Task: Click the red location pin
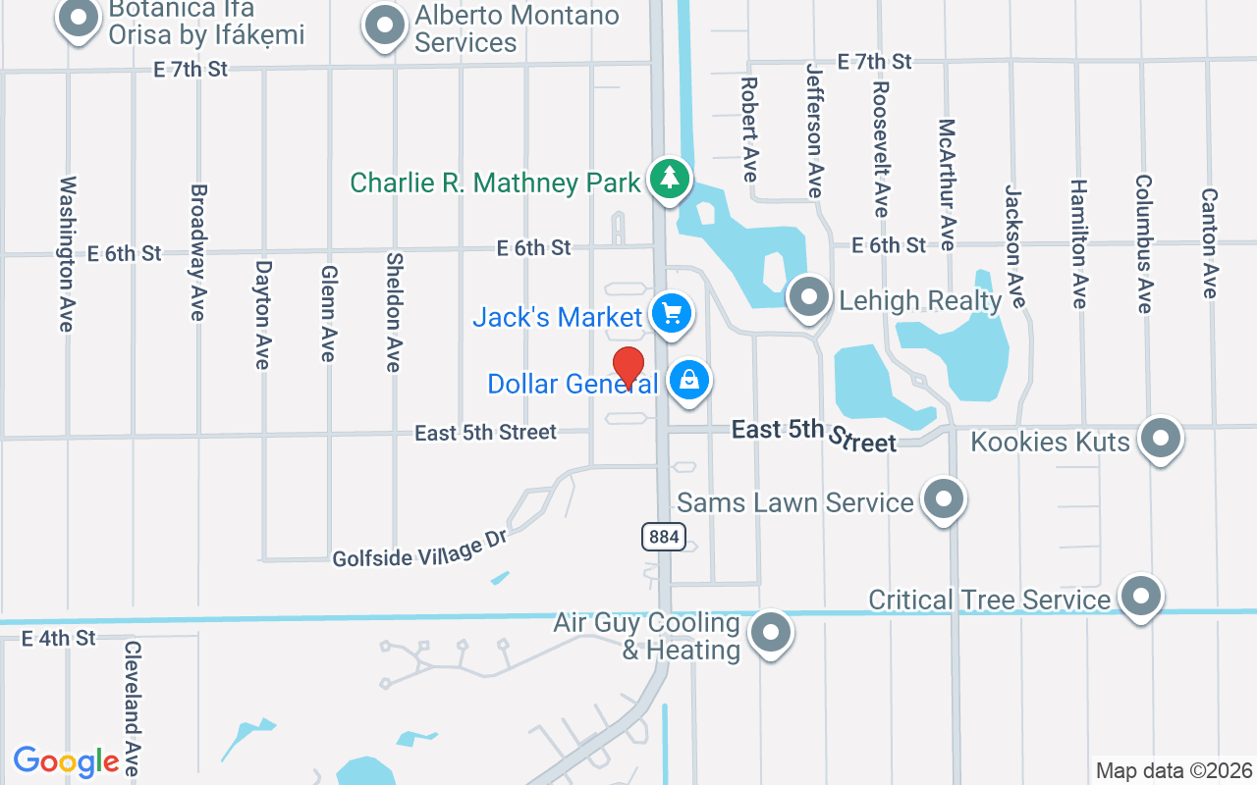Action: [628, 367]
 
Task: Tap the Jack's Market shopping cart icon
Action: [672, 315]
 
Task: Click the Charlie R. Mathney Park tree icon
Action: [670, 179]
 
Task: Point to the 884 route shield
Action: [665, 536]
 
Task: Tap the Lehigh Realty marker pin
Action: [809, 296]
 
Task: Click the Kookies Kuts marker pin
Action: [1161, 439]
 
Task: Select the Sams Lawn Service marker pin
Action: [944, 499]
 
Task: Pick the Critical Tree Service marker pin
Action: [1141, 596]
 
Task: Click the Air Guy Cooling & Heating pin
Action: [771, 633]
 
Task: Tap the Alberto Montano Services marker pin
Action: [385, 26]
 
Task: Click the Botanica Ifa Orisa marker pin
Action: [80, 18]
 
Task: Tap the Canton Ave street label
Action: [1210, 243]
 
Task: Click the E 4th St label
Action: [59, 638]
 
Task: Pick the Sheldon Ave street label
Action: [394, 312]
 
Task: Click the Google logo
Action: [67, 761]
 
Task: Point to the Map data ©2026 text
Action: [1175, 771]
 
